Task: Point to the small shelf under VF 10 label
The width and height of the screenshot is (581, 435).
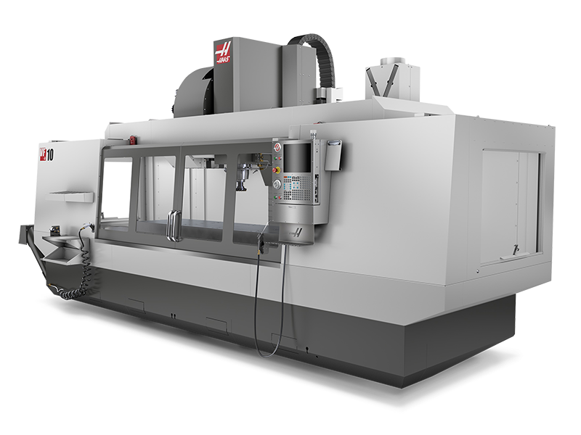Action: tap(71, 196)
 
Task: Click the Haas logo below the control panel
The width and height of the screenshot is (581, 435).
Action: tap(296, 233)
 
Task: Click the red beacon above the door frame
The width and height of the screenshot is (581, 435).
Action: tap(132, 139)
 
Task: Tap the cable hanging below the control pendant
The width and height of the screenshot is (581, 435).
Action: tap(261, 304)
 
